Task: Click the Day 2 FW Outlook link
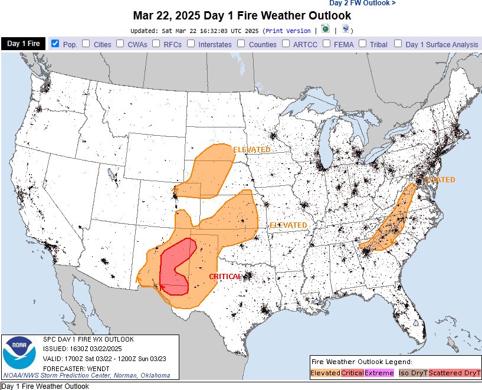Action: click(362, 3)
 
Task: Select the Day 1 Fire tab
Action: click(23, 44)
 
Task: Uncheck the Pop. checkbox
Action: click(55, 43)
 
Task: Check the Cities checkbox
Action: click(86, 43)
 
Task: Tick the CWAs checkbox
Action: click(120, 43)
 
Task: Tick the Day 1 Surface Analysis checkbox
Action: click(398, 43)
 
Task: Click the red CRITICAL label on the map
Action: click(225, 276)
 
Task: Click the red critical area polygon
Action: click(174, 268)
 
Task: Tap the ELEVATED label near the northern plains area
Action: click(251, 150)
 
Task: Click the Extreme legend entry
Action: click(379, 373)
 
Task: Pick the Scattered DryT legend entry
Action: click(454, 373)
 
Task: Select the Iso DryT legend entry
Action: click(412, 373)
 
